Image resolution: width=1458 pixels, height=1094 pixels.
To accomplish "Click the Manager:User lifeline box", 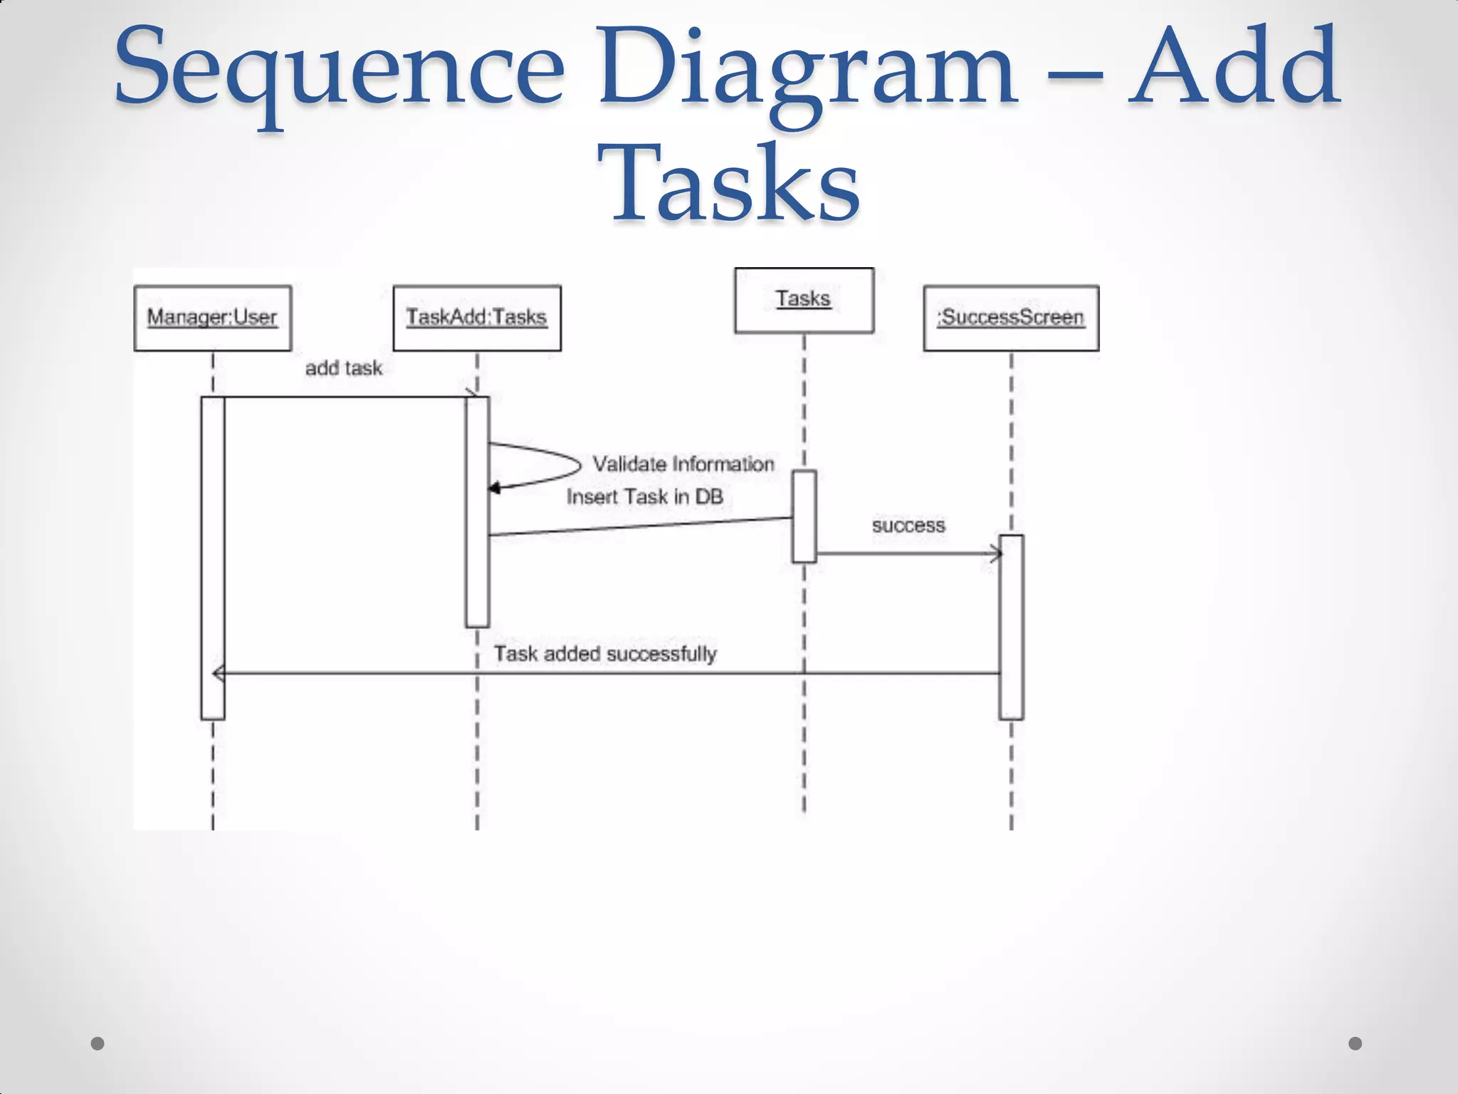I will tap(212, 318).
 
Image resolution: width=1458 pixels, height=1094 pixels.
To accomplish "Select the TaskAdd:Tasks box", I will tap(476, 318).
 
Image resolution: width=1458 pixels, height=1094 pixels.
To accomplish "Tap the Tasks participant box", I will tap(804, 300).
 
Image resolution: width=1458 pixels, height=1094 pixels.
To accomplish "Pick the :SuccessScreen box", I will tap(1011, 318).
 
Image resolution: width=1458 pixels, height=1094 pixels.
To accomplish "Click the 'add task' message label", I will tap(344, 368).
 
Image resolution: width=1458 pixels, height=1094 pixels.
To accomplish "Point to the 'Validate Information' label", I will tap(683, 464).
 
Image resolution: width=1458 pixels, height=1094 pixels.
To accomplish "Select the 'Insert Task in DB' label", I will tap(644, 497).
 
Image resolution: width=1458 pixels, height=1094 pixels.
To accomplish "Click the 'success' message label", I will tap(908, 526).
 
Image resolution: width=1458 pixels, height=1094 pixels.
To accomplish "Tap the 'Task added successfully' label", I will tap(605, 654).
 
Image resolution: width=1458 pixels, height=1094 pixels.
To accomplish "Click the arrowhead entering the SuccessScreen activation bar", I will tap(995, 553).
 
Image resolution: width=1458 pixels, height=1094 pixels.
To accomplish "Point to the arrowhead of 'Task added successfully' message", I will tap(219, 673).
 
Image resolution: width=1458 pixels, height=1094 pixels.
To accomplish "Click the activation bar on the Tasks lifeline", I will tap(804, 516).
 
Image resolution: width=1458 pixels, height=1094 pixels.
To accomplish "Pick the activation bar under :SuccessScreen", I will tap(1011, 627).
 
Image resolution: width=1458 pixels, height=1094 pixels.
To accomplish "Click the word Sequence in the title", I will tap(339, 69).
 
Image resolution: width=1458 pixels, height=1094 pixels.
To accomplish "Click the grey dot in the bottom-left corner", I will tap(98, 1043).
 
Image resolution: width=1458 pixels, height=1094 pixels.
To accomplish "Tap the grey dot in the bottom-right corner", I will tap(1355, 1043).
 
